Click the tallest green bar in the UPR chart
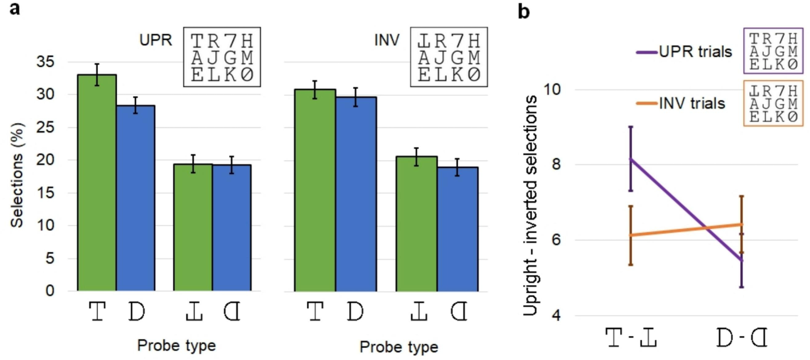pos(97,182)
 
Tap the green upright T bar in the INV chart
pos(315,190)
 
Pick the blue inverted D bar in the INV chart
pos(457,229)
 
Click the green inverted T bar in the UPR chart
pos(193,227)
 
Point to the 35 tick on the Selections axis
pos(45,62)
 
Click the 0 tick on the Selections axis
pos(49,291)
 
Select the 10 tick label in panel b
pos(552,89)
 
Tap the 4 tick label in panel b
pos(556,315)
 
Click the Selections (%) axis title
pos(17,175)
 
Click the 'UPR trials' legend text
pos(695,52)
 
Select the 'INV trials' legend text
pos(692,104)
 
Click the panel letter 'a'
pos(15,8)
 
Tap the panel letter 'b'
pos(523,11)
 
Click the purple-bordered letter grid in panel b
pos(773,51)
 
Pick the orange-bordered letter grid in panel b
pos(773,104)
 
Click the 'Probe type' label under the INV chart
pos(399,347)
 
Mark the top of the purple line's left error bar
pos(631,127)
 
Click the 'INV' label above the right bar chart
pos(387,40)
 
